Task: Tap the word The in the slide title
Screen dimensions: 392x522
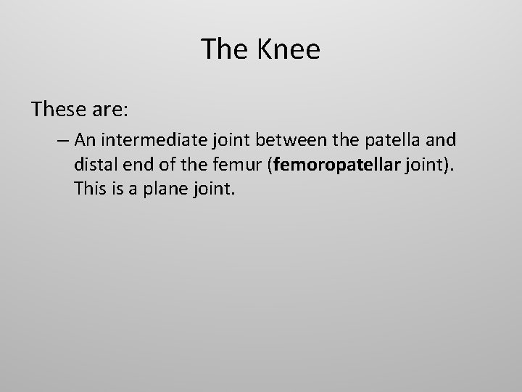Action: coord(224,49)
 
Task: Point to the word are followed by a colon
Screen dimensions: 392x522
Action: coord(108,110)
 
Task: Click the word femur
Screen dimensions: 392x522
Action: coord(239,166)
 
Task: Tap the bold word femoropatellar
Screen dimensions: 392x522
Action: coord(338,166)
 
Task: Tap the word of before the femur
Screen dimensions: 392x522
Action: coord(170,166)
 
